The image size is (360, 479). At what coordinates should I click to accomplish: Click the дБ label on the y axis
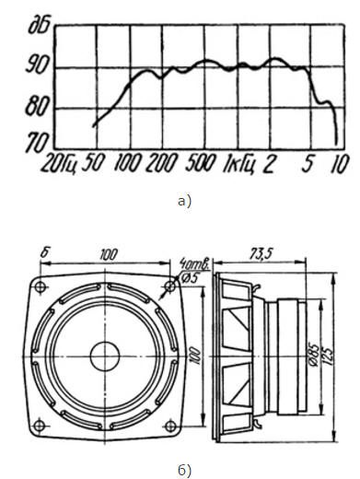(39, 26)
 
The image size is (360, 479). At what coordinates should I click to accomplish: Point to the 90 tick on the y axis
(37, 64)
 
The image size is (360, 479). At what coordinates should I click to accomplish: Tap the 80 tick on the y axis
(37, 106)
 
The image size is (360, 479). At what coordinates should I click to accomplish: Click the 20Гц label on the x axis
(58, 164)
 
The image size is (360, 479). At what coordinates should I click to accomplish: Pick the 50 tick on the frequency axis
(93, 163)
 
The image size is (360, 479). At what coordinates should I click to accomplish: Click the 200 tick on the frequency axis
(162, 163)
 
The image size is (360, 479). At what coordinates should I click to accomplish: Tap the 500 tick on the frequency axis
(201, 163)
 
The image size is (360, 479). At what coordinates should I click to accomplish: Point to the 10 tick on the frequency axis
(340, 164)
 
